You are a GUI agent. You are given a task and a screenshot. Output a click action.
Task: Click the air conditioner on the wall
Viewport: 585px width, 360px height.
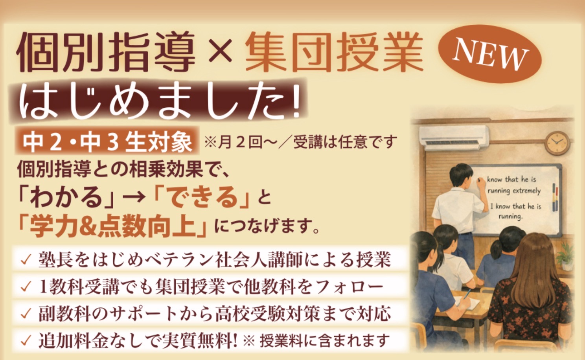pos(454,138)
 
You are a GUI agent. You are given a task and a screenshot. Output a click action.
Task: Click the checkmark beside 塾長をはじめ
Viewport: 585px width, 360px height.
pos(26,260)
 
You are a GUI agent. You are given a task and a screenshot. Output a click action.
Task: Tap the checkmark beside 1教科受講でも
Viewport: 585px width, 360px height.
pos(26,287)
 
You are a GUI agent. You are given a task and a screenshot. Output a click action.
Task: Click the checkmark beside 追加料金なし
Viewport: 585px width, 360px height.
pos(26,340)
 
